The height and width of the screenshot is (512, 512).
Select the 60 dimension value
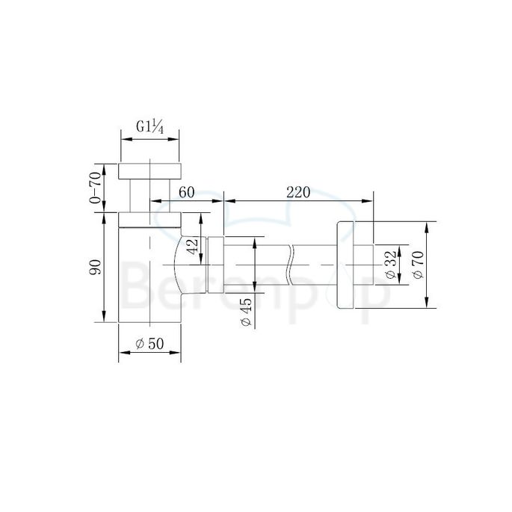click(x=186, y=192)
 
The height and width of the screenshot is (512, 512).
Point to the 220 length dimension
click(x=297, y=192)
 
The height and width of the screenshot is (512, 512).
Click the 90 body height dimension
click(x=94, y=268)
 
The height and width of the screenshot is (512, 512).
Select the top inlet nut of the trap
click(x=150, y=169)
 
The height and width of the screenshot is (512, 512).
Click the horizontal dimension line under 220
click(x=299, y=200)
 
